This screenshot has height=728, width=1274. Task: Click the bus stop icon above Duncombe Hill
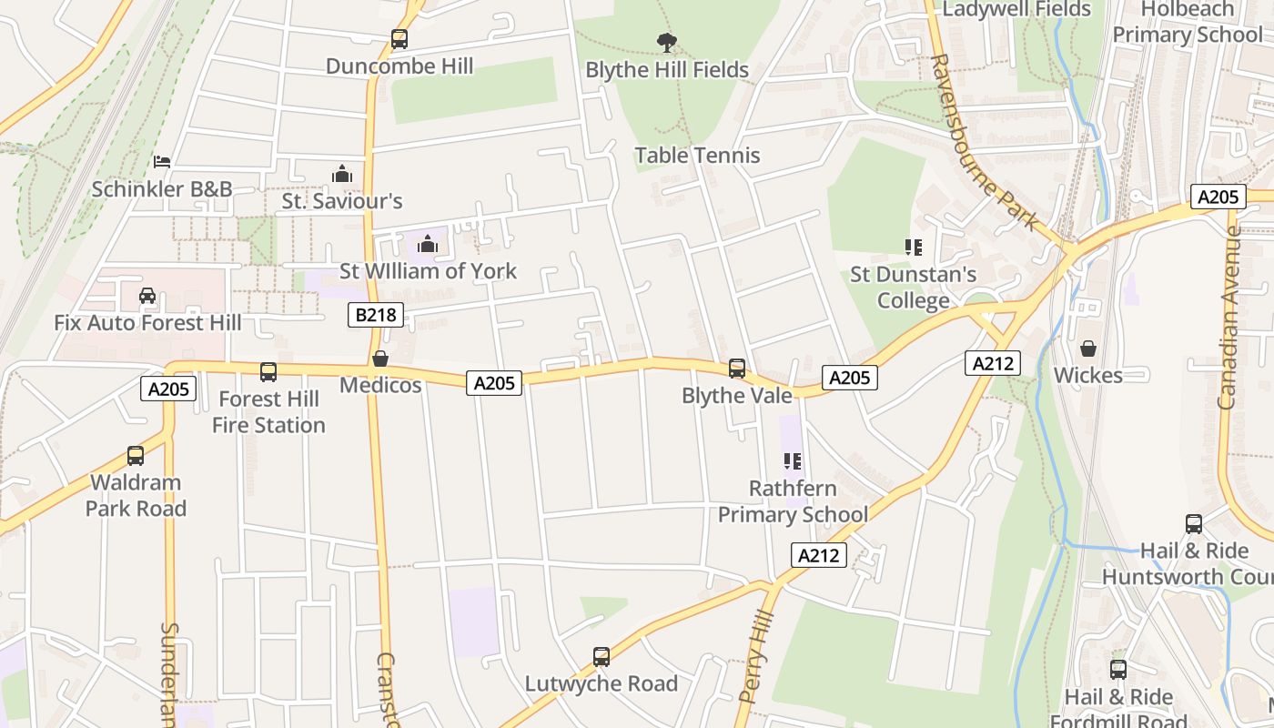point(399,39)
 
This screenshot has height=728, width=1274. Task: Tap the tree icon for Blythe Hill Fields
point(667,42)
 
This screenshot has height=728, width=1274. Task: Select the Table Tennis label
point(697,156)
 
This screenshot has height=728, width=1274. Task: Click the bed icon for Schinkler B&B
point(162,162)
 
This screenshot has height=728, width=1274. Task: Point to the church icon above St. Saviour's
point(342,174)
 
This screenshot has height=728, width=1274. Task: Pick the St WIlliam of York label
point(428,271)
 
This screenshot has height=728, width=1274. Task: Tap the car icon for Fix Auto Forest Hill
point(147,296)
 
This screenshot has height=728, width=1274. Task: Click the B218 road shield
point(376,316)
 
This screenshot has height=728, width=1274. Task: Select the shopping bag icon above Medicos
point(380,359)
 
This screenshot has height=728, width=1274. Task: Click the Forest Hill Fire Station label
point(268,412)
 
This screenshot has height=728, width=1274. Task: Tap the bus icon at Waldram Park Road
point(136,456)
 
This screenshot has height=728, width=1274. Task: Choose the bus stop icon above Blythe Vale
point(737,369)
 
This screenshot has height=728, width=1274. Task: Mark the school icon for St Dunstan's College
point(914,248)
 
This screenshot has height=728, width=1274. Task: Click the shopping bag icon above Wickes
point(1088,349)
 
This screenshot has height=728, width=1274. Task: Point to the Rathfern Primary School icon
point(792,462)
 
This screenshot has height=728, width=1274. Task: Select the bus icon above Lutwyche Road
point(602,657)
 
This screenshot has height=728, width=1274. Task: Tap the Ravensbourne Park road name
point(984,141)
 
